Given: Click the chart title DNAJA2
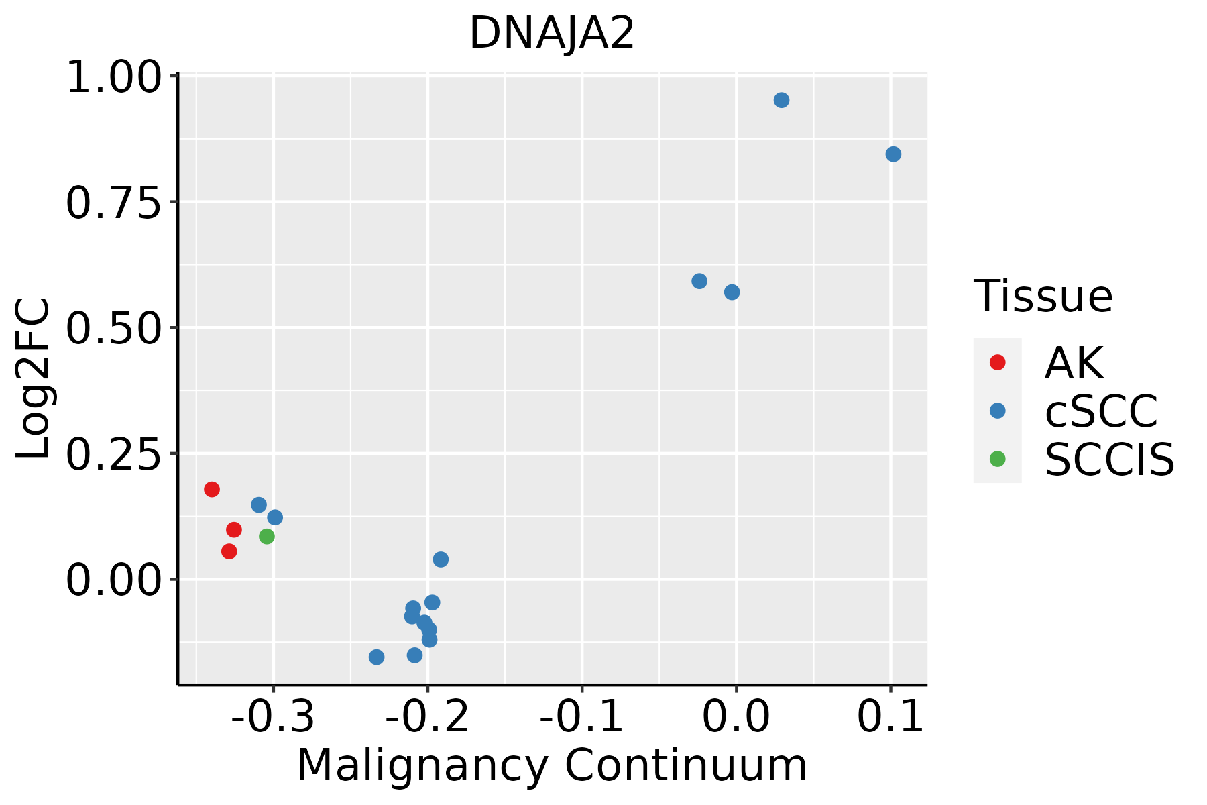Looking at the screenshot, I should click(551, 34).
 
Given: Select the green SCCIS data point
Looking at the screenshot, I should click(267, 537).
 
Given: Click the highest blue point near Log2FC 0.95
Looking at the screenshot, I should click(781, 101).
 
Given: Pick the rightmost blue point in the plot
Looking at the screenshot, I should click(893, 154).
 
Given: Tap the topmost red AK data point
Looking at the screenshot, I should click(212, 489).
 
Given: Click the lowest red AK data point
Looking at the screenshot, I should click(229, 551).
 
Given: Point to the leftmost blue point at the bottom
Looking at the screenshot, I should click(377, 657).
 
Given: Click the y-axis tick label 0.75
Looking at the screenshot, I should click(114, 203).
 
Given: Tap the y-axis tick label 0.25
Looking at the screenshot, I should click(114, 454).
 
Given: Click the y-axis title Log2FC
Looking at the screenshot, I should click(34, 378).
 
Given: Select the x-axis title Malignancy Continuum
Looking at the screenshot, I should click(551, 765).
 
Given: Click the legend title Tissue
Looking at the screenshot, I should click(1043, 296).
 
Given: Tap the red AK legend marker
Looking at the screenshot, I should click(997, 362).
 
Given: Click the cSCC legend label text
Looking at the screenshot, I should click(1101, 411).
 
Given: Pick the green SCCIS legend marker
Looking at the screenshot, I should click(997, 459).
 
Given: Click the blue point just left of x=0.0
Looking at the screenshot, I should click(732, 292).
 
